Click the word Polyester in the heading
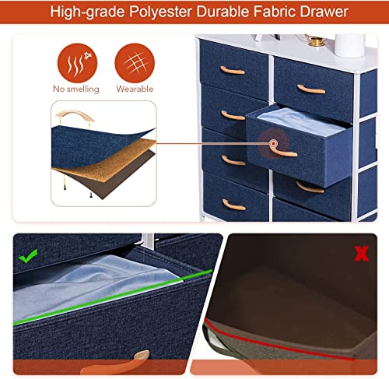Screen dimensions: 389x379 161,12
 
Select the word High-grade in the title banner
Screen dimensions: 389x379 87,12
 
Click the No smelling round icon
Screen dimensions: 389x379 77,63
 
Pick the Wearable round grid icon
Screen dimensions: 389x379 135,63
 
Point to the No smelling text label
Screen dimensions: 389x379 76,89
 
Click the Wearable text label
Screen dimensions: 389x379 135,89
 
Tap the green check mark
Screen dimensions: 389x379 28,256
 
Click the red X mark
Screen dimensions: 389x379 362,254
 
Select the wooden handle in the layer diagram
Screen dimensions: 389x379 75,114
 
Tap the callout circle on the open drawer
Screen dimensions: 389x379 273,143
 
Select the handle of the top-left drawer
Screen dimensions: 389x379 232,71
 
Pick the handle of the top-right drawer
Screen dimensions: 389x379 311,89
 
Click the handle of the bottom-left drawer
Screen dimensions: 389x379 233,205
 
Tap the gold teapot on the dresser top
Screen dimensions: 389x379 314,40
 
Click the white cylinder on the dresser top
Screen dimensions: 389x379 349,45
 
